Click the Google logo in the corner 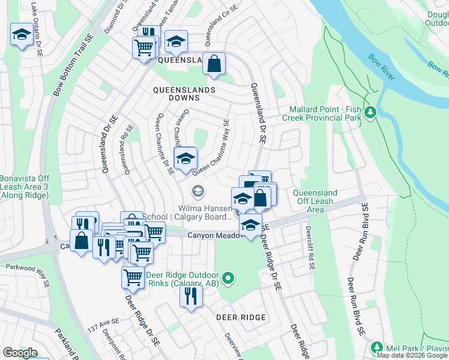[x=20, y=353]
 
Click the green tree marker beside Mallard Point [x=371, y=112]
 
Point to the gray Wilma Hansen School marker [x=196, y=191]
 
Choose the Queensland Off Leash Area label [x=314, y=201]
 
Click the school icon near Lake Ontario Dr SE [x=22, y=35]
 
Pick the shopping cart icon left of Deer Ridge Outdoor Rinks [x=133, y=277]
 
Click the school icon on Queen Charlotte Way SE [x=185, y=159]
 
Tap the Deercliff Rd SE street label [x=309, y=247]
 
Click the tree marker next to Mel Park [x=376, y=347]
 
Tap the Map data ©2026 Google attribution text [x=412, y=355]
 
